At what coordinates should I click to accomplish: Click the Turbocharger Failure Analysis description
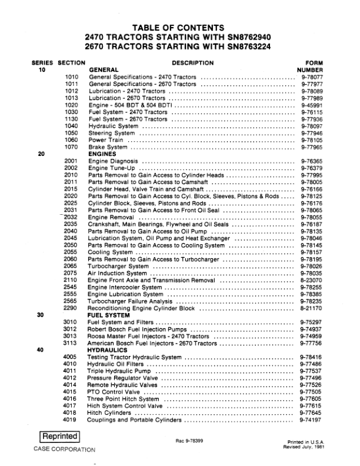[134, 301]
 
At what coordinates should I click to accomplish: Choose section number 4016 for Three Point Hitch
[70, 400]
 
